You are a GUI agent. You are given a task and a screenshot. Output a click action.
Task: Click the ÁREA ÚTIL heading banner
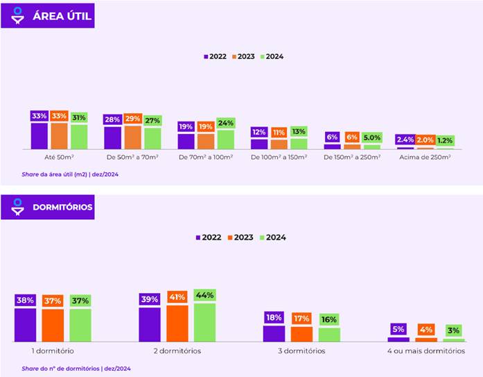[x=47, y=15]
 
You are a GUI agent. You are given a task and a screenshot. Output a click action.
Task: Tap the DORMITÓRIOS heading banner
[x=47, y=207]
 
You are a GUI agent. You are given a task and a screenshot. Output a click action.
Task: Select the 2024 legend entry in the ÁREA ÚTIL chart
[x=272, y=57]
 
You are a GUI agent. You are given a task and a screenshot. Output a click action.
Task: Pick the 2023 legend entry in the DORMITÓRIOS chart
[x=240, y=237]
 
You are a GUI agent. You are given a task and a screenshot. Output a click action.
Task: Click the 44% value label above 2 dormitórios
[x=205, y=295]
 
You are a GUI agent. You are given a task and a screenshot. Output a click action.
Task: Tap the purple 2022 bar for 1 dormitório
[x=25, y=324]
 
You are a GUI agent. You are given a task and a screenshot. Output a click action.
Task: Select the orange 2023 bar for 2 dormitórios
[x=177, y=323]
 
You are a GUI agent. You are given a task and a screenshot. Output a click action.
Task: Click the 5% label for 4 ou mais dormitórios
[x=398, y=330]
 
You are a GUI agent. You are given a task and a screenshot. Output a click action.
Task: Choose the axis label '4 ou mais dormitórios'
[x=426, y=351]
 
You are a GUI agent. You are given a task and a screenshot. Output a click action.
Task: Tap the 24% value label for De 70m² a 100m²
[x=226, y=124]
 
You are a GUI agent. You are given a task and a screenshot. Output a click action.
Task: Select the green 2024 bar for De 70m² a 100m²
[x=226, y=139]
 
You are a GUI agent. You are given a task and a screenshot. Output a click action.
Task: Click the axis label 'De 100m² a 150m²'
[x=279, y=158]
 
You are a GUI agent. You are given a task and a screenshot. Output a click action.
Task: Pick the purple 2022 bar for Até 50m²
[x=39, y=135]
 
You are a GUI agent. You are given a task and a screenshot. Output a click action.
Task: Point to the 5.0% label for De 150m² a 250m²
[x=372, y=137]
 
